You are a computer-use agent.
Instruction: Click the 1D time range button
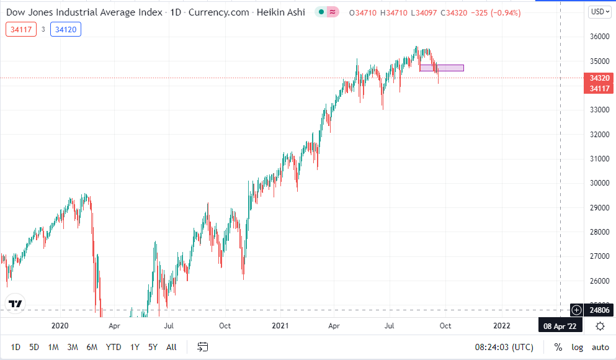pos(16,347)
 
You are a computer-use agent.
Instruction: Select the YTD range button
pos(114,347)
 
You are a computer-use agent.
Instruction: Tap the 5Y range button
pos(153,347)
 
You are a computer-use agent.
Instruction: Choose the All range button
pos(172,347)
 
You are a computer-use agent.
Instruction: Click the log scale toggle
pos(577,347)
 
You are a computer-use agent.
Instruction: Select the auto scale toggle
pos(600,347)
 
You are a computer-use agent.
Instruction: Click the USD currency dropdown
pos(599,11)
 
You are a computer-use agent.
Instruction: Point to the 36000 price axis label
pos(599,37)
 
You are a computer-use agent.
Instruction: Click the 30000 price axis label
pos(599,183)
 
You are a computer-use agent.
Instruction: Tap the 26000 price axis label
pos(599,281)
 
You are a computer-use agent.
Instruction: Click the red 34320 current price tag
pos(599,78)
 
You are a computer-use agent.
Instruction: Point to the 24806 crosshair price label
pos(599,309)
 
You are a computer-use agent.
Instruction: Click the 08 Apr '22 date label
pos(560,325)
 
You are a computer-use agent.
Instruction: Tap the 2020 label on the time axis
pos(60,325)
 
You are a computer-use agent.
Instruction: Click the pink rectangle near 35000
pos(441,68)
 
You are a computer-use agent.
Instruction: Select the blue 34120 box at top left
pos(66,29)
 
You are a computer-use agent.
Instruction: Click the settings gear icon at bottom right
pos(600,326)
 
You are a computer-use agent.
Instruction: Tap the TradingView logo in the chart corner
pos(16,304)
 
